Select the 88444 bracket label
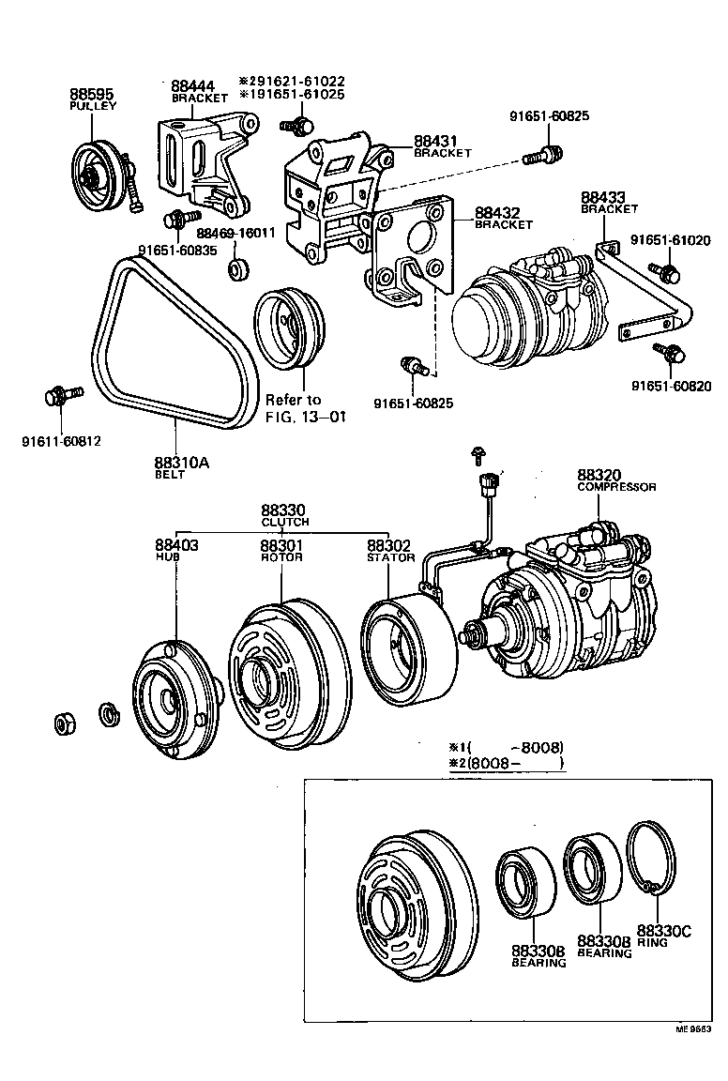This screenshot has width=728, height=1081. pos(190,86)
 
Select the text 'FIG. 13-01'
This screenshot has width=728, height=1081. pos(306,417)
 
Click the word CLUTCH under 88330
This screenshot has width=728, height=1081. pos(284,522)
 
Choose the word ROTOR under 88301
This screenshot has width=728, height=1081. pos(281,557)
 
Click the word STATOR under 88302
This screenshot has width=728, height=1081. pos(390,557)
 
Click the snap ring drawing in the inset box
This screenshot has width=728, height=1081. pos(654,859)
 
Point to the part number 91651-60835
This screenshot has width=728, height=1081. pos(176,250)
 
